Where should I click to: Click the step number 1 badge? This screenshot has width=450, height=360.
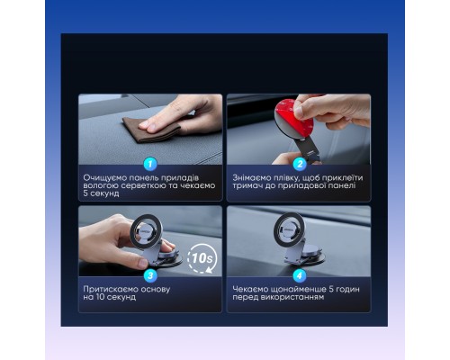pyautogui.click(x=150, y=164)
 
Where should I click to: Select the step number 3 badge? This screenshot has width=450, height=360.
pyautogui.click(x=150, y=275)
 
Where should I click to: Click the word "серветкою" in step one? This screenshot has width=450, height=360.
pyautogui.click(x=139, y=186)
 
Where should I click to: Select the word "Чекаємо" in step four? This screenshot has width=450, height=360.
pyautogui.click(x=251, y=289)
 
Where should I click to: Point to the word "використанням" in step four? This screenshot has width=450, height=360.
pyautogui.click(x=296, y=297)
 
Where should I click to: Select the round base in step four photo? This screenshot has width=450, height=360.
pyautogui.click(x=301, y=261)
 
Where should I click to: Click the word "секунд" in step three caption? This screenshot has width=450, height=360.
pyautogui.click(x=121, y=297)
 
